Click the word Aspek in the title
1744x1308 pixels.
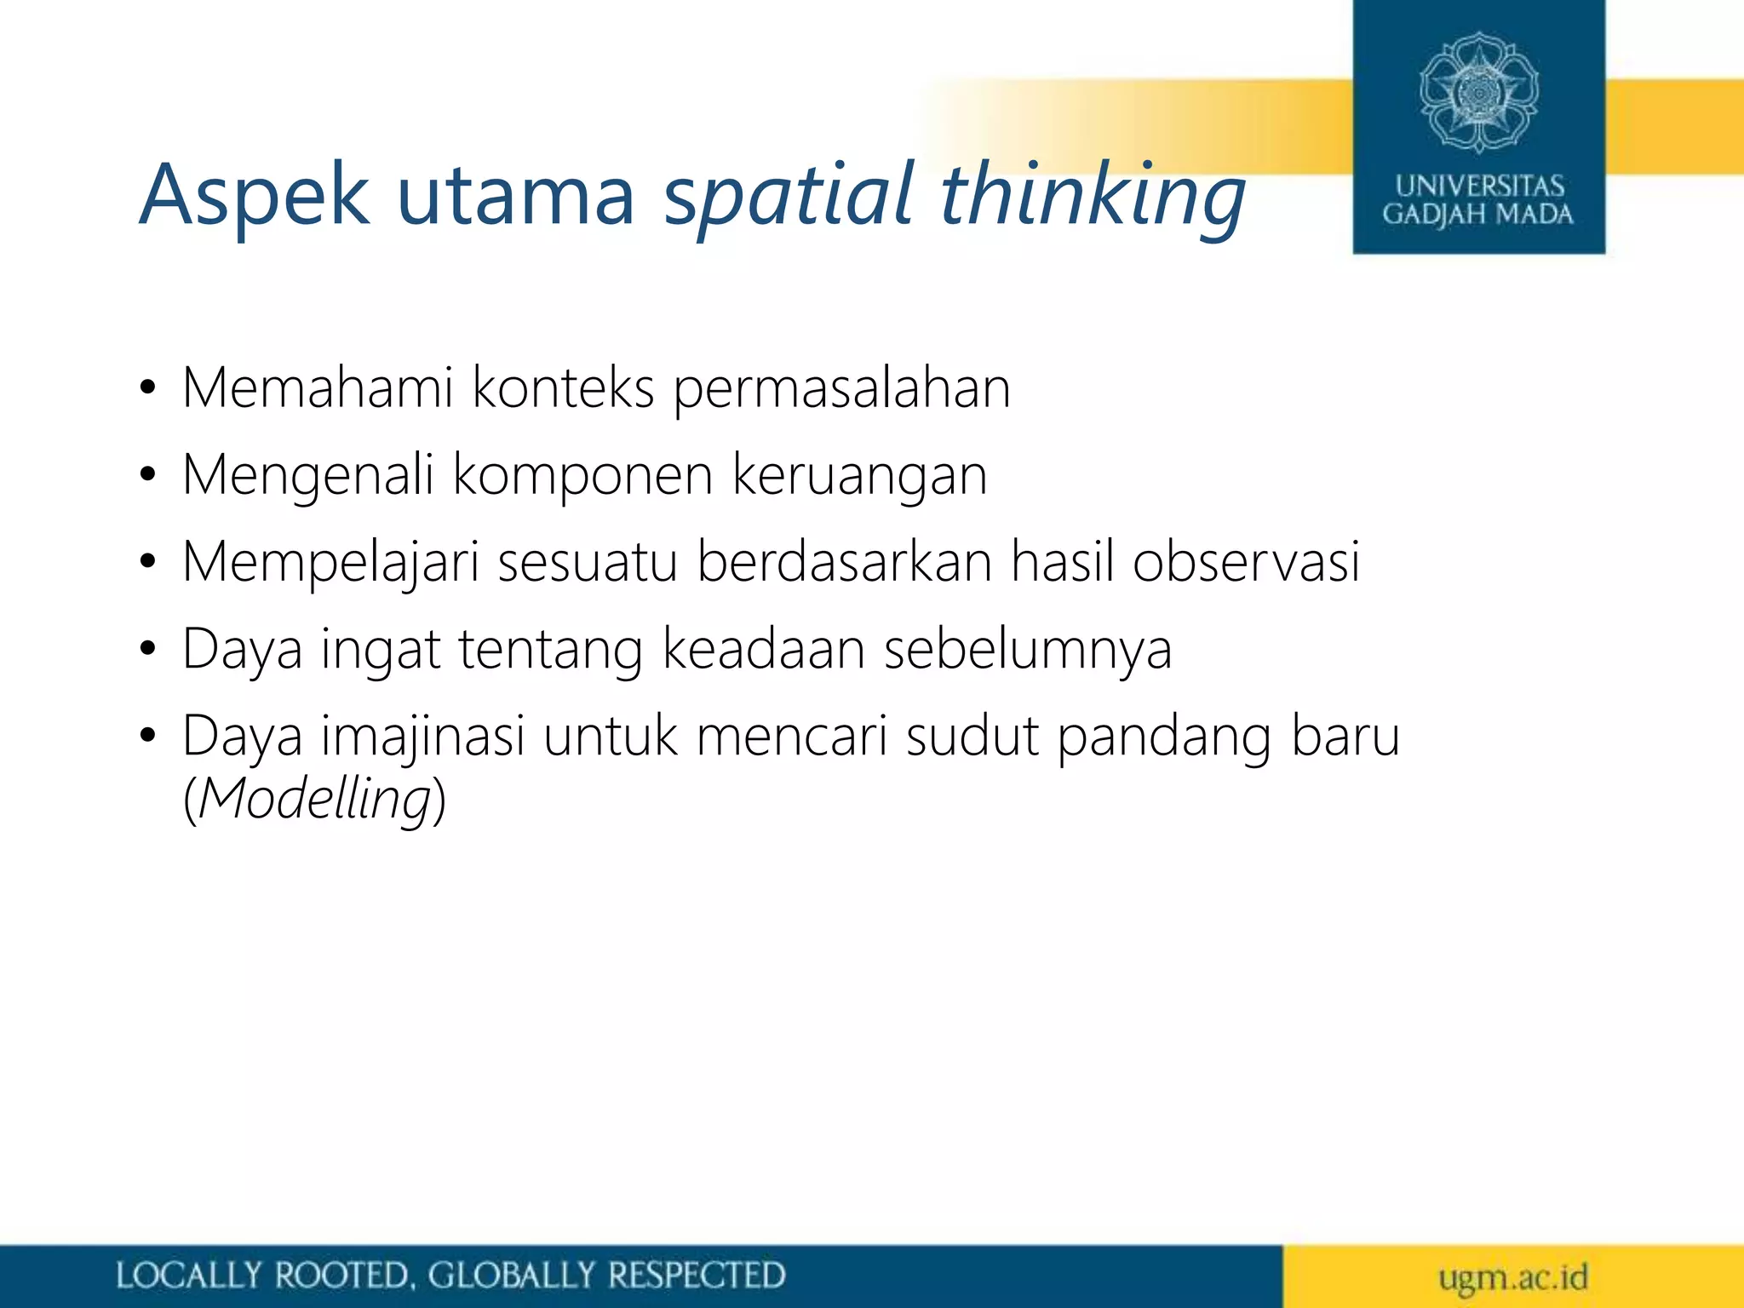[x=254, y=196]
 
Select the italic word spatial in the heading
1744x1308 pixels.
[x=789, y=196]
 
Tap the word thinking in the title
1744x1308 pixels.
[x=1093, y=196]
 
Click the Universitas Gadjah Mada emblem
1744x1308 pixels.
[x=1478, y=92]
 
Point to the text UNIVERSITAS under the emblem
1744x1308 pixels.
[x=1479, y=186]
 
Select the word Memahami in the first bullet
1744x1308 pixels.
[x=317, y=388]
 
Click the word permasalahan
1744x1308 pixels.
[x=841, y=390]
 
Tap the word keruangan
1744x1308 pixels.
[x=859, y=477]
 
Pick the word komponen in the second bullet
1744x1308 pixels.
[x=582, y=477]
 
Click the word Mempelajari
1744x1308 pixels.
[x=330, y=564]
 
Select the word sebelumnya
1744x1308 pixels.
[x=1028, y=649]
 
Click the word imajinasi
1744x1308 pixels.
[x=423, y=737]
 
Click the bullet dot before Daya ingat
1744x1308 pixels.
[x=148, y=651]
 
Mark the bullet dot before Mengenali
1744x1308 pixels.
[x=148, y=477]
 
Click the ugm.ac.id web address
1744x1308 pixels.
[x=1513, y=1277]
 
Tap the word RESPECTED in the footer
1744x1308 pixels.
[x=696, y=1276]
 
